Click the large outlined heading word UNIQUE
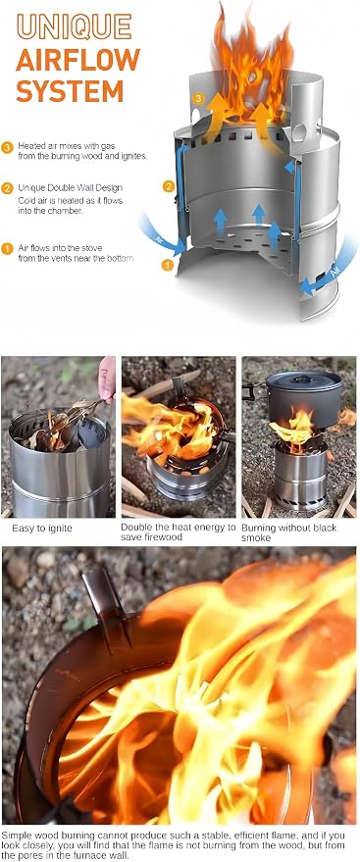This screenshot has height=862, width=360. (x=75, y=26)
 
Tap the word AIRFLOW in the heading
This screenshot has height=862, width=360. (x=78, y=60)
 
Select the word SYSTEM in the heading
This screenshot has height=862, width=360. (x=70, y=90)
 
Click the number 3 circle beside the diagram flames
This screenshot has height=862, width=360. (x=199, y=99)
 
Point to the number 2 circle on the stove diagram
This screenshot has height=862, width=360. (x=169, y=185)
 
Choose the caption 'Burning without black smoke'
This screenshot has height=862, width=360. (x=288, y=532)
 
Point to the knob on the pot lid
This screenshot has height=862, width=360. (x=302, y=379)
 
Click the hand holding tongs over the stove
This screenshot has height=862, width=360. (x=107, y=379)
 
